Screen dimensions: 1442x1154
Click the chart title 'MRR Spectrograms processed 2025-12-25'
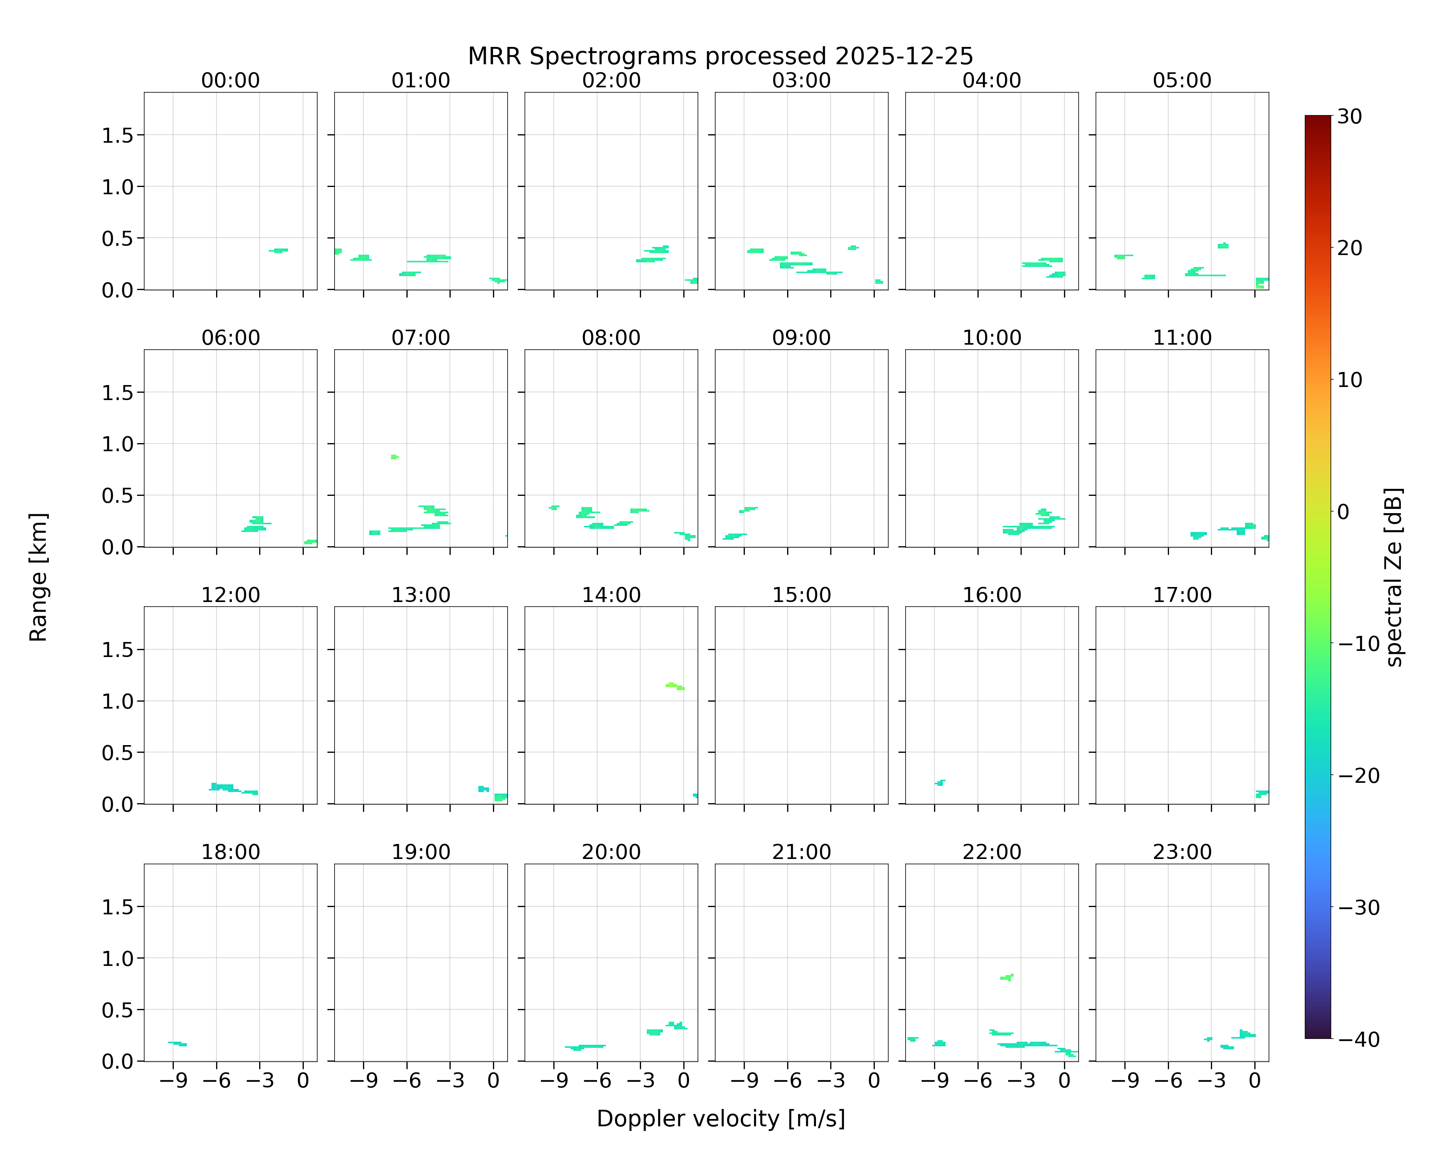720,56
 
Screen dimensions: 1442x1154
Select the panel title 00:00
231,80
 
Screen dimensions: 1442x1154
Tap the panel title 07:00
421,338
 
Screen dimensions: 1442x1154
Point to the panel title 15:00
801,595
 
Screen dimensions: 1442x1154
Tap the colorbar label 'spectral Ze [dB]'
1393,577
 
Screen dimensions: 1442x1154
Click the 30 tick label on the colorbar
1350,117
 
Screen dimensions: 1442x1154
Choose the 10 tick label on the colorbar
1350,380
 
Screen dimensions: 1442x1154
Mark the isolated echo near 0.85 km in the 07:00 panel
395,457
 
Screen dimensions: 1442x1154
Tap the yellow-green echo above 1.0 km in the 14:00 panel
674,686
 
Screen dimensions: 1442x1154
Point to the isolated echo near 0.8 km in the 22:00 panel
1007,977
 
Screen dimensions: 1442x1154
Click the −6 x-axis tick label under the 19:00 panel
407,1081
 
